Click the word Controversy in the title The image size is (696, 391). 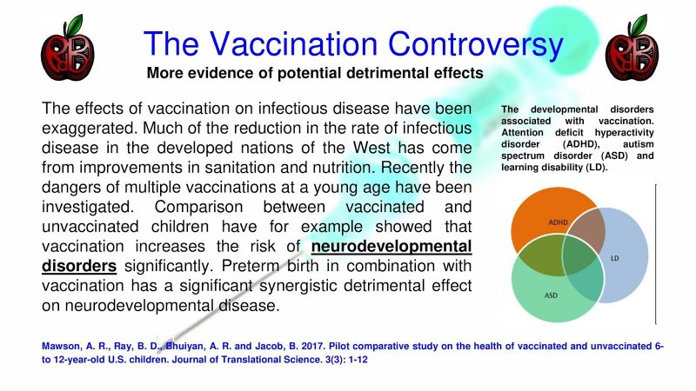tap(475, 44)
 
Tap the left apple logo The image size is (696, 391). tap(68, 48)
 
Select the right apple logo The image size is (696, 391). tap(632, 48)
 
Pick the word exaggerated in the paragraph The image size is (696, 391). tap(90, 129)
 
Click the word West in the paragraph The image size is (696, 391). tap(372, 148)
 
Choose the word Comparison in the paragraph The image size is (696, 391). tap(198, 207)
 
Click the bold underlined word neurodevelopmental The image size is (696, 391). tap(391, 247)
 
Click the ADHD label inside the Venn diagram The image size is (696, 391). tap(558, 222)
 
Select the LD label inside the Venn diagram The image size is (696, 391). tap(615, 258)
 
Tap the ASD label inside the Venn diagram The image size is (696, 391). tap(551, 295)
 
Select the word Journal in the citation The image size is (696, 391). tap(189, 360)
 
